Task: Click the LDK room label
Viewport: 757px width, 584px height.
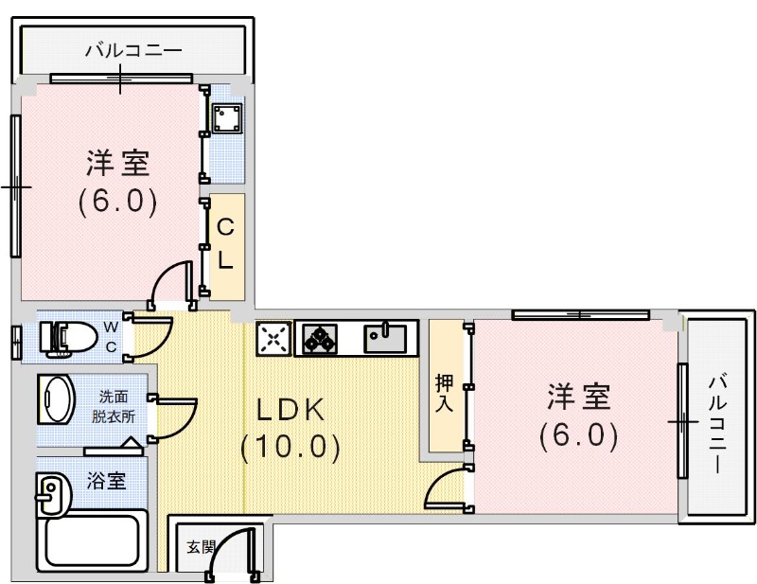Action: pos(290,409)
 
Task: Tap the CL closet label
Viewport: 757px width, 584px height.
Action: pos(225,244)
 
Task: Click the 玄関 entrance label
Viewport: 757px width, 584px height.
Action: pos(199,546)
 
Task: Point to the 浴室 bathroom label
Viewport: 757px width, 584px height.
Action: pos(106,480)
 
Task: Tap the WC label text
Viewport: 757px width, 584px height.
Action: pos(111,337)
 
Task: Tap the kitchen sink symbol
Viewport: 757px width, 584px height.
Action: pos(386,337)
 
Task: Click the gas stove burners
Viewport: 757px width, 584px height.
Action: pos(322,337)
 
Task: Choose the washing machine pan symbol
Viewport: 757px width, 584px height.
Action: pos(226,118)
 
